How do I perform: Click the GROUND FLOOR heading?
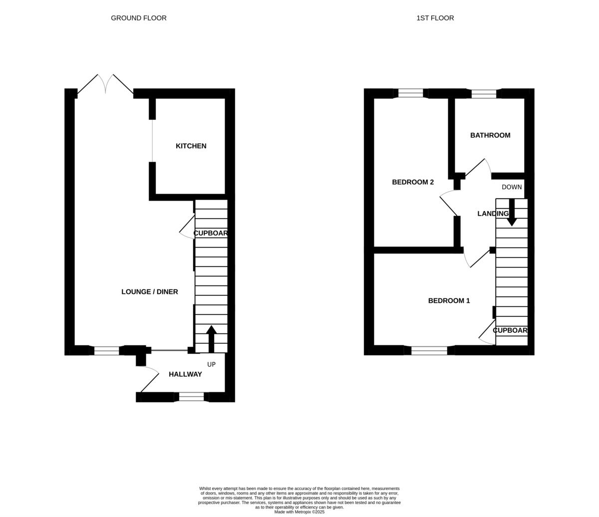(139, 18)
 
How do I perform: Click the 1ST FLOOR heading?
(435, 18)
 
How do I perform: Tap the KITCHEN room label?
(191, 146)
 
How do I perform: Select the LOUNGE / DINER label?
(149, 292)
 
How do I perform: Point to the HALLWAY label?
(185, 374)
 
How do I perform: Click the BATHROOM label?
(490, 135)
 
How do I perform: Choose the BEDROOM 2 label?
(412, 182)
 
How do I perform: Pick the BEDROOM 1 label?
(449, 301)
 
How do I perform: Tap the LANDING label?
(492, 214)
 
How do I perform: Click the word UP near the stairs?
(211, 365)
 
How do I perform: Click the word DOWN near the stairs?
(511, 187)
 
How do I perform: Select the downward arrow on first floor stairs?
(512, 213)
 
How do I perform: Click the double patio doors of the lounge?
(105, 84)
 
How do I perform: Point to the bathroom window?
(484, 94)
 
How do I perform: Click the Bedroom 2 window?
(410, 93)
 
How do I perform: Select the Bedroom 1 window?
(429, 350)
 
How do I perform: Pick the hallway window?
(191, 397)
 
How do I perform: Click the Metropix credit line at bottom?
(299, 512)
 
